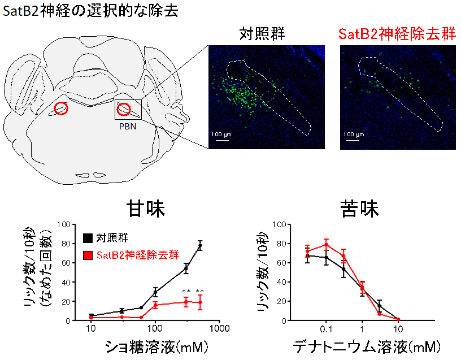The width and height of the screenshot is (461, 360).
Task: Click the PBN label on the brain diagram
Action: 127,127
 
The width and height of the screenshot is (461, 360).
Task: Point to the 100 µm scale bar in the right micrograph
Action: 353,137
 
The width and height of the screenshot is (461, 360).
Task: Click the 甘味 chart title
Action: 146,210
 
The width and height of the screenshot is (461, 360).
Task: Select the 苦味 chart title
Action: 360,210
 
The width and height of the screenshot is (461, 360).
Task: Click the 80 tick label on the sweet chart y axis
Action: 66,244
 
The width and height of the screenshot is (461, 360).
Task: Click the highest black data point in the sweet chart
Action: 200,246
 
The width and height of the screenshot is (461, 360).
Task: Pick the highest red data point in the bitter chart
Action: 326,245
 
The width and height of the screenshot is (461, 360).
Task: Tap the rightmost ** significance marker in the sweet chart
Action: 199,292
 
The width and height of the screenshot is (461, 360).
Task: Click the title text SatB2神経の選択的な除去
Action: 91,11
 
